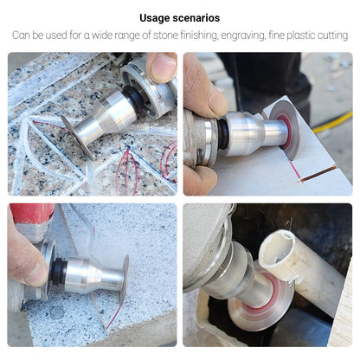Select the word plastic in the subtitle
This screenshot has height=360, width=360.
pyautogui.click(x=298, y=35)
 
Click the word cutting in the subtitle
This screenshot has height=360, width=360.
pyautogui.click(x=332, y=35)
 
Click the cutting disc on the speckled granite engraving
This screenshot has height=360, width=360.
pyautogui.click(x=77, y=136)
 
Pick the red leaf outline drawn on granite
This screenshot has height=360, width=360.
pyautogui.click(x=126, y=169)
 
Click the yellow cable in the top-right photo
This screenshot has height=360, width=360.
pyautogui.click(x=332, y=122)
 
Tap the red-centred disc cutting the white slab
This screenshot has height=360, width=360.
pyautogui.click(x=286, y=129)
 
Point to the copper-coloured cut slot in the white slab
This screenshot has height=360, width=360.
pyautogui.click(x=318, y=172)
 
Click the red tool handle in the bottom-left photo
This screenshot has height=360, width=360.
pyautogui.click(x=32, y=213)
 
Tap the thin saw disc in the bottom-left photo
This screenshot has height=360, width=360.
pyautogui.click(x=124, y=280)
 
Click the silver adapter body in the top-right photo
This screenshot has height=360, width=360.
pyautogui.click(x=254, y=132)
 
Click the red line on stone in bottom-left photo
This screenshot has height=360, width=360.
pyautogui.click(x=114, y=317)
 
